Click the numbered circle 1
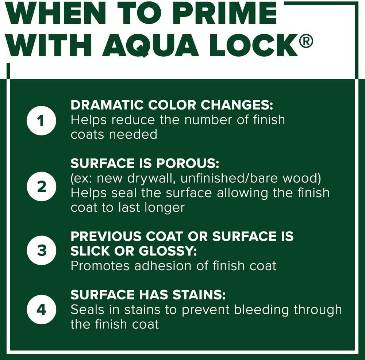click(x=42, y=120)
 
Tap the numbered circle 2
click(x=42, y=187)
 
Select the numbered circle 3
click(x=42, y=251)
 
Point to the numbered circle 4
click(x=42, y=310)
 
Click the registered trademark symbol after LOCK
click(x=306, y=41)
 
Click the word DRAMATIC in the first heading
click(x=107, y=105)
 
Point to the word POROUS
click(x=188, y=163)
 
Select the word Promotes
click(x=100, y=266)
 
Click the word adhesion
click(x=163, y=266)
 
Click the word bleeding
click(x=261, y=310)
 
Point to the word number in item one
click(x=208, y=120)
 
